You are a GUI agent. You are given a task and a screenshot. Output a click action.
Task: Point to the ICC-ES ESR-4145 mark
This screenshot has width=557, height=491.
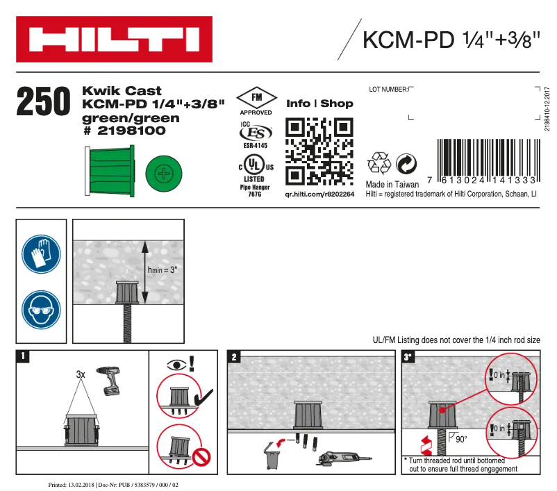256,135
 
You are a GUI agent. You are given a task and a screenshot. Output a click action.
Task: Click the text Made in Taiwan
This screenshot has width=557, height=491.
392,185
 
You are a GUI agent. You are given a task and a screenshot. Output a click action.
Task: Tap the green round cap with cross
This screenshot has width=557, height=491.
163,172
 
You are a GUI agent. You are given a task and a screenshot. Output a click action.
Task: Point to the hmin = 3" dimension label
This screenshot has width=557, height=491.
164,269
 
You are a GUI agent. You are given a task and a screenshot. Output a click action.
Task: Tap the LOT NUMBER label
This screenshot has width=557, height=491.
388,89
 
